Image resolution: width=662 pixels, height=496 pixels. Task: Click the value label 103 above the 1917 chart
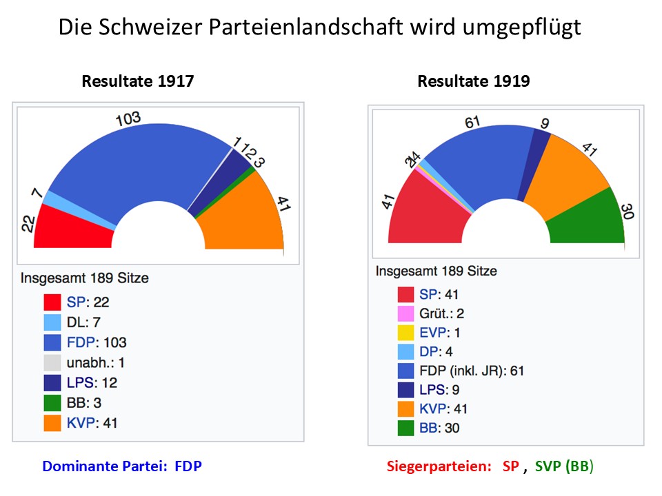pyautogui.click(x=128, y=118)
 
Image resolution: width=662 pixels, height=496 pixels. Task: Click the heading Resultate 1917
pyautogui.click(x=138, y=81)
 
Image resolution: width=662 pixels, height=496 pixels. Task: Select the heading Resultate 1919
pyautogui.click(x=474, y=81)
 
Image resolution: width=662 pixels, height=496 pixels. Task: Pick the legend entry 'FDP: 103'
pyautogui.click(x=97, y=342)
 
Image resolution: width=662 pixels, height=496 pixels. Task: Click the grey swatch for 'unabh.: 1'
pyautogui.click(x=53, y=362)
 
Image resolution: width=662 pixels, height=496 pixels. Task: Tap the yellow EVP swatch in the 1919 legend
pyautogui.click(x=406, y=333)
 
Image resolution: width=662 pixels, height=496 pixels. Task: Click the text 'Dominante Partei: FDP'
pyautogui.click(x=122, y=466)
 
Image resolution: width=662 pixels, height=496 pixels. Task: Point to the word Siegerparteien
pyautogui.click(x=437, y=466)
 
